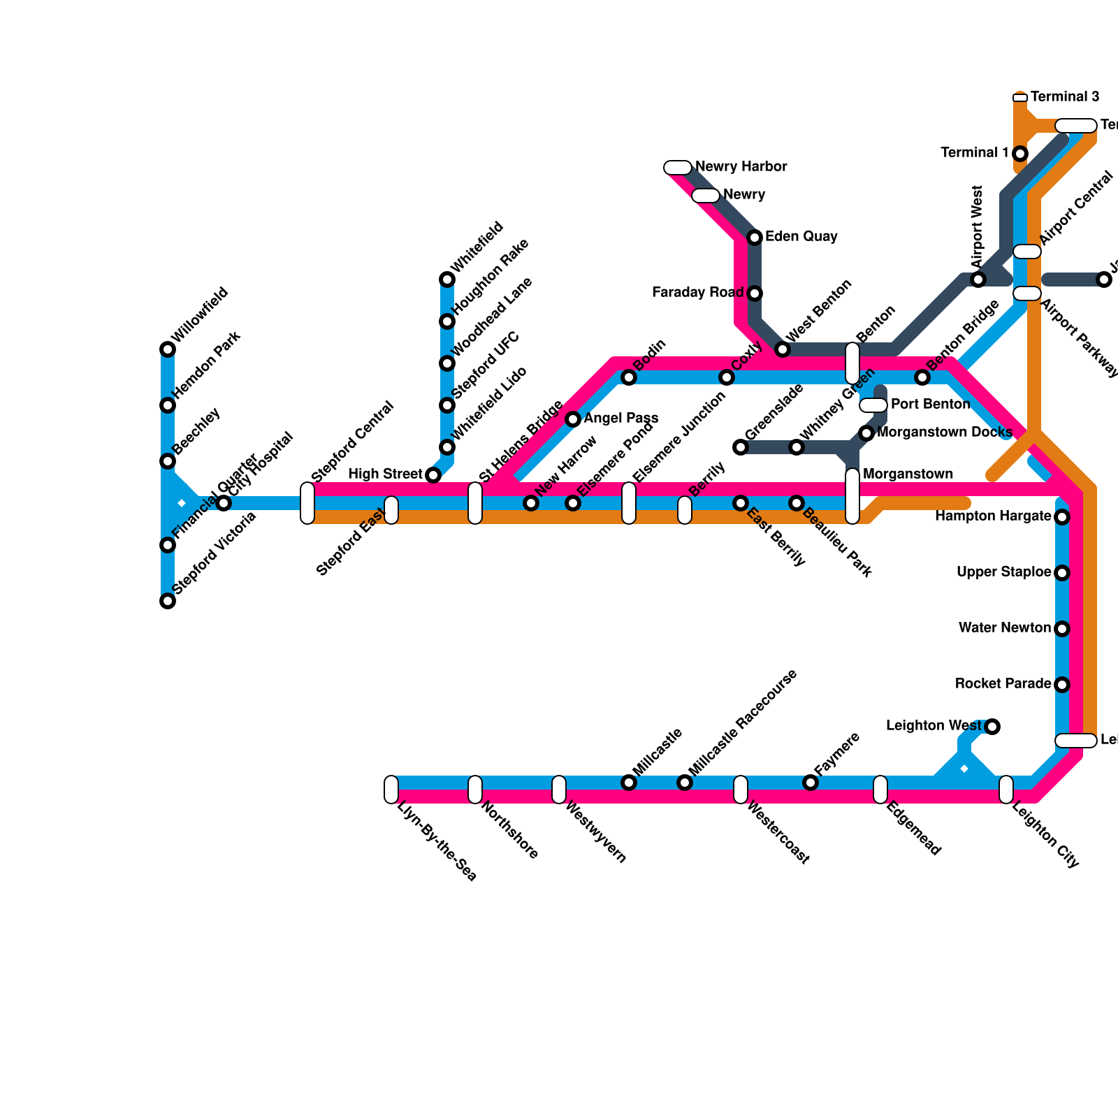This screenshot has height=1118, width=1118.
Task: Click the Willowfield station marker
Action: tap(168, 349)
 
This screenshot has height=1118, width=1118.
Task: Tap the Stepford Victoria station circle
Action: tap(168, 601)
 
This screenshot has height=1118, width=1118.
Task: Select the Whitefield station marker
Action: tap(447, 279)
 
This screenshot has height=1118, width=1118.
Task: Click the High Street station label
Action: tap(385, 474)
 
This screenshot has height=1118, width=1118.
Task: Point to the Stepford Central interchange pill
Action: tap(307, 503)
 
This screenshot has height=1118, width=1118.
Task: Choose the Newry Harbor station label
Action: tap(741, 167)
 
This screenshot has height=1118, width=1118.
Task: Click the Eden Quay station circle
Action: tap(755, 238)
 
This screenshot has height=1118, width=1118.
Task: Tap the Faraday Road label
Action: tap(697, 293)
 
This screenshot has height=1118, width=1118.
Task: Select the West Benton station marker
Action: tap(783, 349)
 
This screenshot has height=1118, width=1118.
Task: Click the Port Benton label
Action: tap(931, 405)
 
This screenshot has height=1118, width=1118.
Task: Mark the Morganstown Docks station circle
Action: tap(866, 433)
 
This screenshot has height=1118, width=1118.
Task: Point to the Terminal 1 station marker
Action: tap(1020, 154)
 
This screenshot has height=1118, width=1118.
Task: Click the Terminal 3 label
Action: tap(1065, 97)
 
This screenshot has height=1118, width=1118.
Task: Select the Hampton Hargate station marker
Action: tap(1062, 517)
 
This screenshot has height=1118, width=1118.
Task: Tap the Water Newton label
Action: tap(1005, 628)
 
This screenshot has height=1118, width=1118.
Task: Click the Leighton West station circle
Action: tap(992, 727)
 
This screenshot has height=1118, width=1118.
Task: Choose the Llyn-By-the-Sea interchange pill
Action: tap(391, 790)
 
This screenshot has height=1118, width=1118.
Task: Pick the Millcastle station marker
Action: tap(629, 783)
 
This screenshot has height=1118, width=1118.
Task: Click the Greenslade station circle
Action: tap(741, 447)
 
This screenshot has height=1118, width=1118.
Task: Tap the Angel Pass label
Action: tap(621, 419)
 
